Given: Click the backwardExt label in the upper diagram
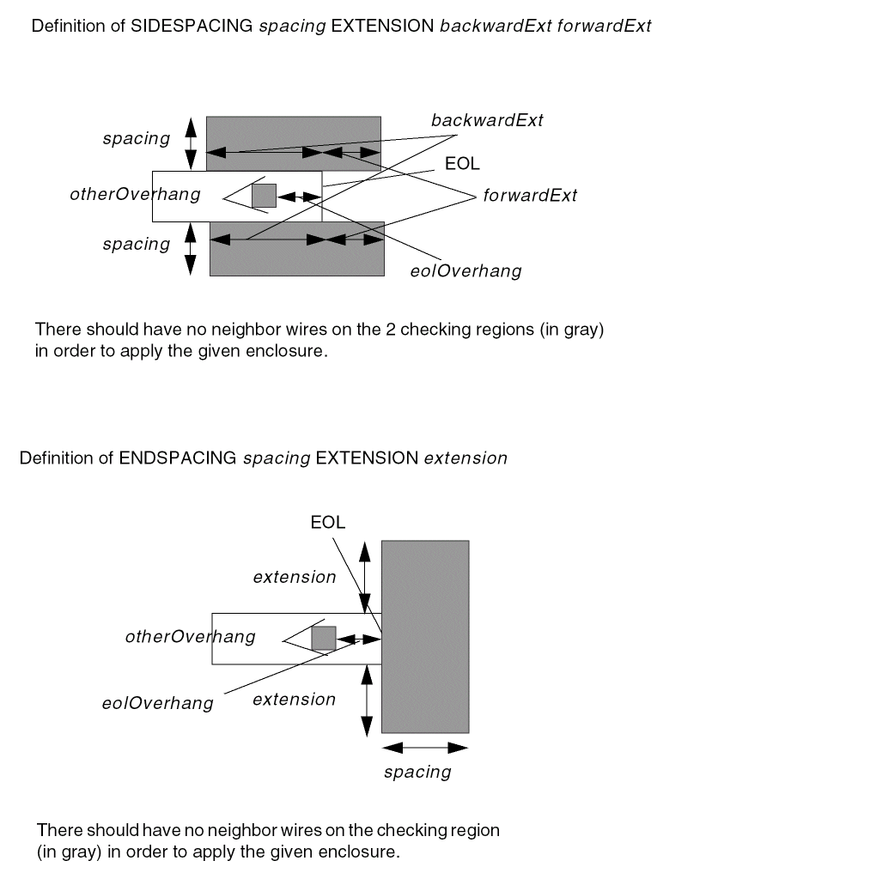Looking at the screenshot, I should [x=487, y=120].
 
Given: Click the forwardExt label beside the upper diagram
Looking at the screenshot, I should [x=529, y=196].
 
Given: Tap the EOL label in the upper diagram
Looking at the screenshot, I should [x=462, y=164].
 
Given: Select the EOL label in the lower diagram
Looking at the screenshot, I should [x=327, y=523].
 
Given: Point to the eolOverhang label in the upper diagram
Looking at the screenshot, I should [x=465, y=271].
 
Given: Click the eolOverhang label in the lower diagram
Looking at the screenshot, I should [x=157, y=703].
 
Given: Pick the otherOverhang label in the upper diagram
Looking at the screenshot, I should [x=135, y=194].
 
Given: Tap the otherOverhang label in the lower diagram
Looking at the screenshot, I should [x=190, y=637].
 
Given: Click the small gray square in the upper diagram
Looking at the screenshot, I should [x=264, y=196].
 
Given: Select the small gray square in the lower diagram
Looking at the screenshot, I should [x=323, y=638].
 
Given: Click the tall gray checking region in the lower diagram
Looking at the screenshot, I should [x=425, y=636].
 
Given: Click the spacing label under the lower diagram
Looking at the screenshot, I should [x=417, y=773].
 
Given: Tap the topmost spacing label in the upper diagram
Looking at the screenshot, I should [x=136, y=138].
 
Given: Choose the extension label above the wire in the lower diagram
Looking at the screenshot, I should [x=294, y=578].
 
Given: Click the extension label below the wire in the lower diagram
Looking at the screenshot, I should [x=294, y=700].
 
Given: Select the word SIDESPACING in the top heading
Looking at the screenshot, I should [x=192, y=26].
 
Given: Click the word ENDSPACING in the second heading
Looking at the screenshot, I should [x=177, y=458].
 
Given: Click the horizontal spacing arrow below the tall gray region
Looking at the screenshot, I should [x=424, y=748].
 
